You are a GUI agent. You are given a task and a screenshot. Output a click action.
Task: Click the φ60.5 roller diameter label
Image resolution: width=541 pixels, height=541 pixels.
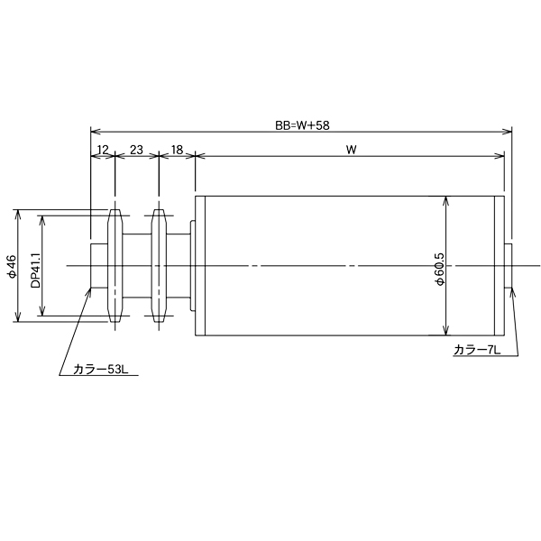coord(439,268)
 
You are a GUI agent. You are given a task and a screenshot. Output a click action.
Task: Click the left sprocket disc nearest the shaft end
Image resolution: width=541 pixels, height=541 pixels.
coord(115,266)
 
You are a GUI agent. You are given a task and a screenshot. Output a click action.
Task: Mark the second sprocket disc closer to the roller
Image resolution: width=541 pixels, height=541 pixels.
coord(159,266)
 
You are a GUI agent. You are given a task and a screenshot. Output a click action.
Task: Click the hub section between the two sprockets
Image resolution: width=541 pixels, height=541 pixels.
coord(136,266)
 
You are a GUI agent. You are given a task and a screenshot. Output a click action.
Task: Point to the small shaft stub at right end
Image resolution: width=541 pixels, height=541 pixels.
coord(509,266)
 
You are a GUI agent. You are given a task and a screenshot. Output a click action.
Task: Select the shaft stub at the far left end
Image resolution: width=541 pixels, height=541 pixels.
coord(98,266)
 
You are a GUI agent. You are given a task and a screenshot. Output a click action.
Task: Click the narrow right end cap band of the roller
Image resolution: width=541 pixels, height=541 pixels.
coord(500,266)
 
